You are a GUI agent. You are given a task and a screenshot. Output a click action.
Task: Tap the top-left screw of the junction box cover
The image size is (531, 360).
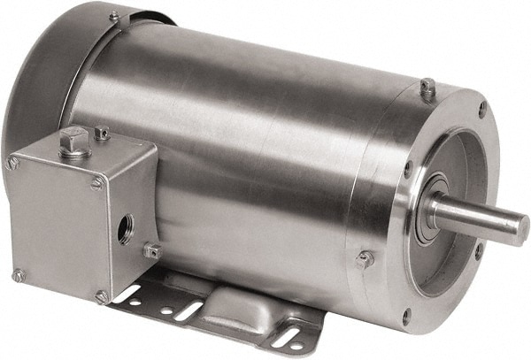[12, 163]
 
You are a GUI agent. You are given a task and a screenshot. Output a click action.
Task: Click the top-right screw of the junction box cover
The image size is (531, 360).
[96, 183]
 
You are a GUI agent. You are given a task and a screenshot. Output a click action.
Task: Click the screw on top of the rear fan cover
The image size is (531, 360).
[114, 16]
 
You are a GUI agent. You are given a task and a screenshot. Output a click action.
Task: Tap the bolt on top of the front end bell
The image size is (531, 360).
[427, 87]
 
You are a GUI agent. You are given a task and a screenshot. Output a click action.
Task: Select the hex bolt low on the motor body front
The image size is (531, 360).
[364, 259]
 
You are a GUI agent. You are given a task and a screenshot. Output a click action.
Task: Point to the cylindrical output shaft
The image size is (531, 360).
[478, 216]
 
